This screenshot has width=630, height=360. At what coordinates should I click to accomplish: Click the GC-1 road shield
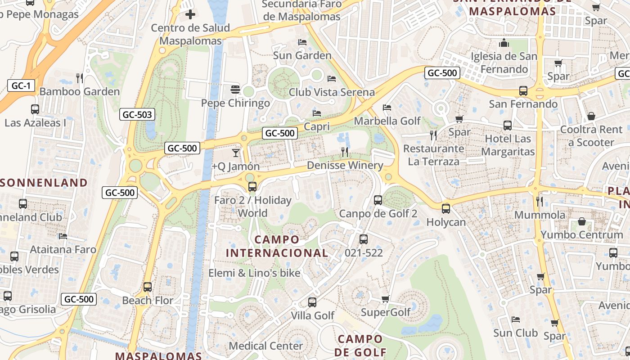pos(21,85)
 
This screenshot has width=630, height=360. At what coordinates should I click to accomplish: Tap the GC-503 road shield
pos(137,115)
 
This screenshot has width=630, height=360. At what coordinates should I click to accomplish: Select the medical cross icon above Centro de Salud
pos(190,14)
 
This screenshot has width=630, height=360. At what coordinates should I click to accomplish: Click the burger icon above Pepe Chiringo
pos(235,89)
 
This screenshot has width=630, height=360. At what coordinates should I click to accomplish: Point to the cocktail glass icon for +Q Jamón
pos(236,153)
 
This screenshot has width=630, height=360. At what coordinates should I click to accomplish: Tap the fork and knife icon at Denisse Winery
pos(345,152)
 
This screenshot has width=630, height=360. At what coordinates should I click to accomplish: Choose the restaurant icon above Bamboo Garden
pos(80,78)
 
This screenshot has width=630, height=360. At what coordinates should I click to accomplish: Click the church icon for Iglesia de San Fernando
pos(504,43)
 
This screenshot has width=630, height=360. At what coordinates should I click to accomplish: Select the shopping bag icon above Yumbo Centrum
pos(582,221)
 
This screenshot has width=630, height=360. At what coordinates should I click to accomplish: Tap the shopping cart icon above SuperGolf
pos(385,299)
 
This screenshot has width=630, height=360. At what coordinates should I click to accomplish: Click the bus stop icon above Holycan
pos(445,209)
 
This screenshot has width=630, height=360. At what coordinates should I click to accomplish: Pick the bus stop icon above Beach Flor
pos(147,287)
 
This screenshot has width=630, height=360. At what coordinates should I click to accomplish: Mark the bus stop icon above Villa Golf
pos(312,302)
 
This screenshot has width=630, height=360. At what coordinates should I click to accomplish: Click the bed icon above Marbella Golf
pos(387,108)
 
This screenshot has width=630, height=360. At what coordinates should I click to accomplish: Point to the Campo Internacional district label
pos(277,246)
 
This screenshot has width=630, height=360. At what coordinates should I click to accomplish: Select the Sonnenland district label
pos(44,182)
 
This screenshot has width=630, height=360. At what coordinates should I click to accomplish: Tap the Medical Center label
pos(265,346)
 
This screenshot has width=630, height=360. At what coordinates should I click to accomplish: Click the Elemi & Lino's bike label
pos(254,273)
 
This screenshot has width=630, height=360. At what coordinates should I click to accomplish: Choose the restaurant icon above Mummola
pos(540,201)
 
